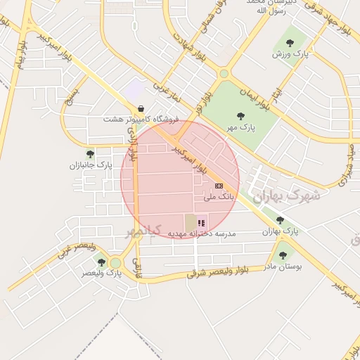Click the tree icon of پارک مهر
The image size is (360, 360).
(x=241, y=116)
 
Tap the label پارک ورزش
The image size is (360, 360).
(x=288, y=53)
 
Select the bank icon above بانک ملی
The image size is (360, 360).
(x=219, y=186)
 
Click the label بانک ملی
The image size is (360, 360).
(x=219, y=198)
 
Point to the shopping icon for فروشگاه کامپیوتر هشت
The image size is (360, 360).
(x=143, y=109)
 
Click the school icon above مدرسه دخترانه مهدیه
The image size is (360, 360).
(x=202, y=223)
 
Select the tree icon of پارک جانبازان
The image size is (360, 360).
(x=90, y=153)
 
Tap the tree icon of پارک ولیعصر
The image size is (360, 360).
(x=101, y=262)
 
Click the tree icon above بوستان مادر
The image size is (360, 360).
(x=283, y=255)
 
